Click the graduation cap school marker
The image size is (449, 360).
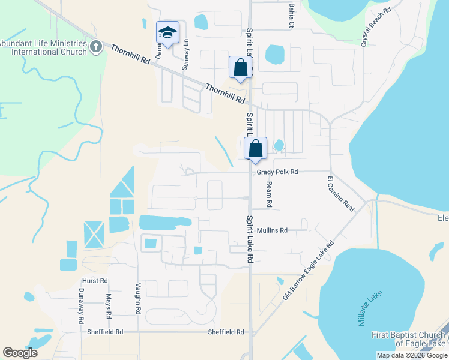tap(168, 34)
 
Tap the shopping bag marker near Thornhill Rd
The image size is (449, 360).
tap(240, 68)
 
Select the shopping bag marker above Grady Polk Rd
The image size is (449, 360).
tap(256, 148)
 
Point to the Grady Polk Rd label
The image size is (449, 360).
tap(277, 172)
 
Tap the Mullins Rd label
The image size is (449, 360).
tap(272, 230)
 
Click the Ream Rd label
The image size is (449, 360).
tap(270, 194)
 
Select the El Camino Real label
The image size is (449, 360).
tap(342, 193)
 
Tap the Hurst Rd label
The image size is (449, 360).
tap(95, 280)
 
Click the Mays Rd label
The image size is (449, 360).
tap(109, 305)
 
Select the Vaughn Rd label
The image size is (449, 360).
tap(138, 299)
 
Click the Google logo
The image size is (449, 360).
tap(20, 353)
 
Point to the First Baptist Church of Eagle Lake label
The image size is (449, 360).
tap(408, 339)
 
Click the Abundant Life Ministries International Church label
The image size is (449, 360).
tap(43, 47)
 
